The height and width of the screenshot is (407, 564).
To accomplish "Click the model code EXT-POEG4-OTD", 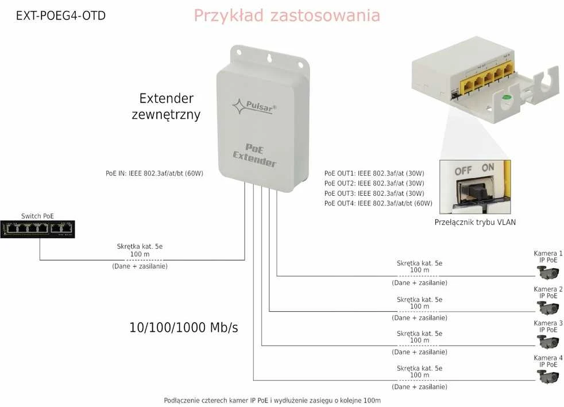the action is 61,16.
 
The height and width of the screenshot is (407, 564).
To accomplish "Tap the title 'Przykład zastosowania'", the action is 287,16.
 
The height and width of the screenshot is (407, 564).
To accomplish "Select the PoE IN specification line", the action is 154,173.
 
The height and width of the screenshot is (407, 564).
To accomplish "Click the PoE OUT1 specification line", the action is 374,173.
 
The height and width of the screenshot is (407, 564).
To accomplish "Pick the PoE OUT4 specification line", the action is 378,203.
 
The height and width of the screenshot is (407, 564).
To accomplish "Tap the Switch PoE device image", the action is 37,229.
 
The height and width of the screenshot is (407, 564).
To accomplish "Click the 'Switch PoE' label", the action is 37,216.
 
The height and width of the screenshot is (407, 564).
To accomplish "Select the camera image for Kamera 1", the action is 548,272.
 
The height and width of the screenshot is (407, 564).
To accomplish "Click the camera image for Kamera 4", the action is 548,377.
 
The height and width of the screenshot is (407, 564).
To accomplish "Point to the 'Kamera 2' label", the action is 548,289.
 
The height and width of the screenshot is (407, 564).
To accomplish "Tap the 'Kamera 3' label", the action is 548,323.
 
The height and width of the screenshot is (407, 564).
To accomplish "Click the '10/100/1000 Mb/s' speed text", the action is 183,328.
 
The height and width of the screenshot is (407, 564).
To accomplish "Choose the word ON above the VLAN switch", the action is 488,168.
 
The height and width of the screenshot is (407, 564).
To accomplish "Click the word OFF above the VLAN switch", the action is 463,171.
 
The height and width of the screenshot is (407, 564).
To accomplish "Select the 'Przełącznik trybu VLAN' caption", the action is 475,222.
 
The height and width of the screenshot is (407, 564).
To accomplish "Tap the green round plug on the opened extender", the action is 507,97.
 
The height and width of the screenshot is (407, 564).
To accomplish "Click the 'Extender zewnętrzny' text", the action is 166,106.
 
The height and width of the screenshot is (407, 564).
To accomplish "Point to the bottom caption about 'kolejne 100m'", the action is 272,400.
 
